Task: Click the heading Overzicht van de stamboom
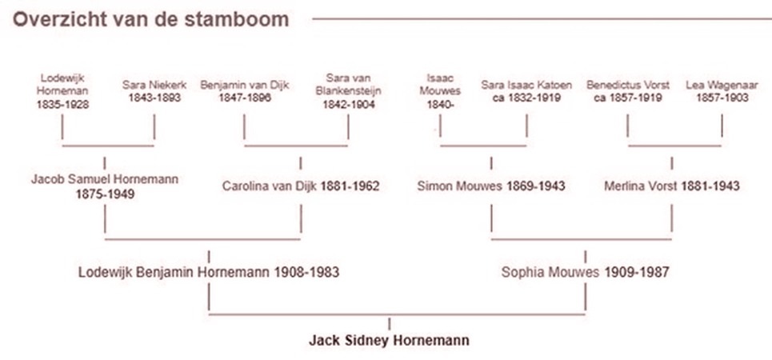point(151,19)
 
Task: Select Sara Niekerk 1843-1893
point(153,91)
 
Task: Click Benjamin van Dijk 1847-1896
point(245,91)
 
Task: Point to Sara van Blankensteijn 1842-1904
point(348,91)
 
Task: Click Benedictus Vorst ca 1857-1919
point(628,91)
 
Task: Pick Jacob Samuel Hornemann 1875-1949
point(105,186)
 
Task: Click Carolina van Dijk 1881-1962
point(301,186)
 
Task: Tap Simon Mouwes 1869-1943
point(491,186)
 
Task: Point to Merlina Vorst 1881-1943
point(672,186)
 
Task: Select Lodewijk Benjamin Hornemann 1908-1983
point(209,272)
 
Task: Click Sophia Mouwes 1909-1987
point(585,272)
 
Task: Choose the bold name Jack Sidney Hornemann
point(389,340)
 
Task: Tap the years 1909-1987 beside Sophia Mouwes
point(637,272)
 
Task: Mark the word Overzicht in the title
point(51,19)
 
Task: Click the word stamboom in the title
point(247,19)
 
